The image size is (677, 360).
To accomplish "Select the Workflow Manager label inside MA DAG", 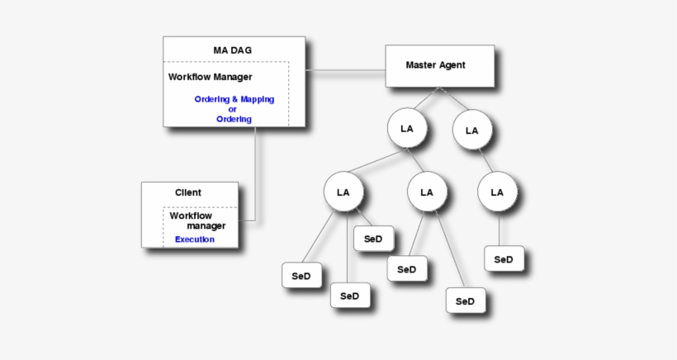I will click(x=211, y=77).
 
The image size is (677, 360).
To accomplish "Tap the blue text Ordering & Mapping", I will click(x=234, y=99).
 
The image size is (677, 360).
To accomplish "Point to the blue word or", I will click(x=232, y=109).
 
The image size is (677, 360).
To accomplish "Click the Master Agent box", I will click(x=440, y=65).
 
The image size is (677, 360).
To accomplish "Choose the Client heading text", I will click(x=187, y=192).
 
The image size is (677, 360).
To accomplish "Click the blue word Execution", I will click(x=195, y=239).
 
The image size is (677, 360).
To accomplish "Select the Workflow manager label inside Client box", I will click(x=197, y=220).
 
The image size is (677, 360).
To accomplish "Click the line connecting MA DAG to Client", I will click(x=255, y=173).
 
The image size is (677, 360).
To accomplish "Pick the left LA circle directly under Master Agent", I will click(x=407, y=130).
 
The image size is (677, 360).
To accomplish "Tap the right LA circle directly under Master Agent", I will click(x=471, y=130).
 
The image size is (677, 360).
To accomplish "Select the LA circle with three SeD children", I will click(x=343, y=192).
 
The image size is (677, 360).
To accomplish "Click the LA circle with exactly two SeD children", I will click(x=427, y=192).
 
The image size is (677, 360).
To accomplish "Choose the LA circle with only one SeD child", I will click(x=497, y=192).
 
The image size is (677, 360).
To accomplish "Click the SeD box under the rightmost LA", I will click(x=504, y=259).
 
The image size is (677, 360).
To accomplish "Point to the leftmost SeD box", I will click(x=301, y=276).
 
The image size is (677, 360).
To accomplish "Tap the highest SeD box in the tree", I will click(x=373, y=239).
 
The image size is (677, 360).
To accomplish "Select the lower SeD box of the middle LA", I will click(x=466, y=301).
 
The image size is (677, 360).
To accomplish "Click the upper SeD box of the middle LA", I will click(x=406, y=269).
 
